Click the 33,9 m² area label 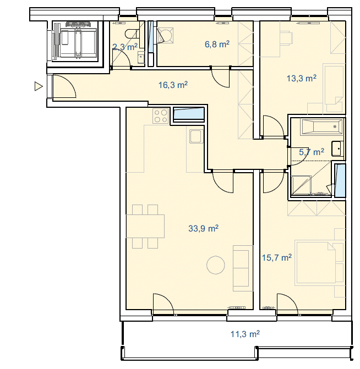[203, 228]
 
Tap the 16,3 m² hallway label [173, 85]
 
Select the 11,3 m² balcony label [245, 334]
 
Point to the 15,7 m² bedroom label [277, 257]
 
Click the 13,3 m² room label [301, 78]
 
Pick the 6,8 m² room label [217, 44]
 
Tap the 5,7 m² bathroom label [312, 152]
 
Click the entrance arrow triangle [39, 86]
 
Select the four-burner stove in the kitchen [161, 116]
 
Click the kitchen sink [197, 136]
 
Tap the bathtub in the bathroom [321, 127]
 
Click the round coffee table [216, 265]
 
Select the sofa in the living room [243, 268]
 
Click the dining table [145, 226]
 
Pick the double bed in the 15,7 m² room [315, 263]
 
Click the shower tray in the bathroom [301, 185]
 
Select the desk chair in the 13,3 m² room [287, 37]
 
